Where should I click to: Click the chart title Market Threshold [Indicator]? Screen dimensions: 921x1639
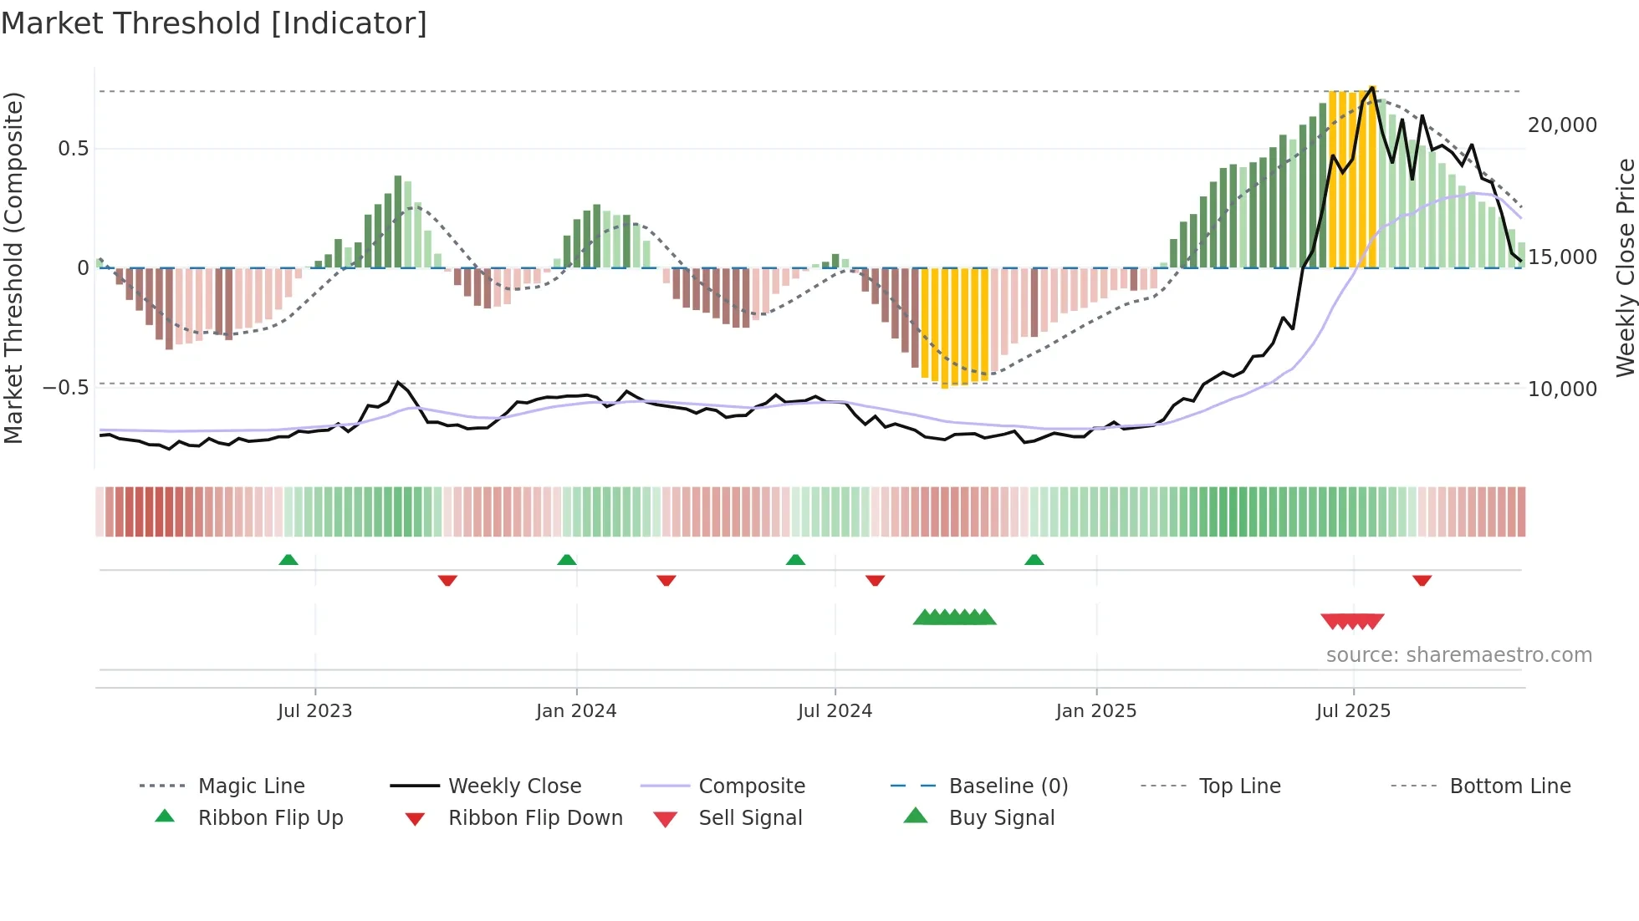(214, 23)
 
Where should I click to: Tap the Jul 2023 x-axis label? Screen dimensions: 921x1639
(314, 711)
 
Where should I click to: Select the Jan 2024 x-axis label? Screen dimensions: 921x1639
(576, 711)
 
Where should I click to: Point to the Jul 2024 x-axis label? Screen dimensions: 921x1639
(835, 711)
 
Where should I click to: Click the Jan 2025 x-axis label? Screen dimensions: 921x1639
(1096, 711)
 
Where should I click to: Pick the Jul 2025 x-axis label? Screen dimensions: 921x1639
(1353, 711)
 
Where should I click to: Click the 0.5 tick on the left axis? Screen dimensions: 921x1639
(73, 149)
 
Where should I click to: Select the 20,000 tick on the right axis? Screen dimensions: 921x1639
(1562, 125)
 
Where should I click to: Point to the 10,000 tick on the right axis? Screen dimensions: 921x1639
(1562, 389)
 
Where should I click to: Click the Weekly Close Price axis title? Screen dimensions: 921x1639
(1625, 267)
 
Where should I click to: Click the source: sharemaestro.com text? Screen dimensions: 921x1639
(1458, 655)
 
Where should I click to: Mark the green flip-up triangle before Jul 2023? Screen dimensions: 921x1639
(288, 560)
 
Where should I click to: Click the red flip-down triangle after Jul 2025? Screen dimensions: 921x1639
(1422, 580)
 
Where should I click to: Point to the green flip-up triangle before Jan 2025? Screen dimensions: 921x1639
(1034, 560)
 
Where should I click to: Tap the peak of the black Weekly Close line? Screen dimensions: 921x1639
(1372, 88)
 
